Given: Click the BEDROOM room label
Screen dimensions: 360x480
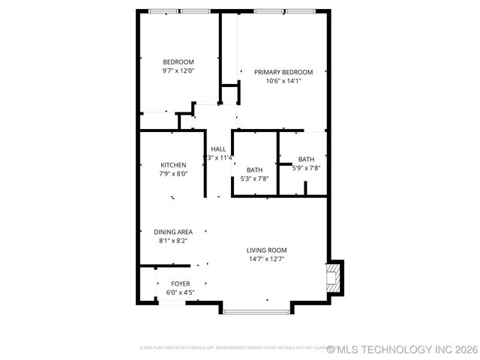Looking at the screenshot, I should click(178, 62).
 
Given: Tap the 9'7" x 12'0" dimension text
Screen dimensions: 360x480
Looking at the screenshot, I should click(178, 71).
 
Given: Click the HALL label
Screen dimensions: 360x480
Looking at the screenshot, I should click(218, 148).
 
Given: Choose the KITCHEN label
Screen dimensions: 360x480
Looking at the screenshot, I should click(173, 165).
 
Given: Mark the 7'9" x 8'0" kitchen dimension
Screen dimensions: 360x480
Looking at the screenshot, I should click(173, 174).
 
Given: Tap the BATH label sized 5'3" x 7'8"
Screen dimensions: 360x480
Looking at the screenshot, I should click(254, 169).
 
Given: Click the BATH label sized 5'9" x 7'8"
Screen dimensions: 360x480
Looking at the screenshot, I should click(306, 159).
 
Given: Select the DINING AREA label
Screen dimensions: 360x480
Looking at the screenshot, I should click(173, 232).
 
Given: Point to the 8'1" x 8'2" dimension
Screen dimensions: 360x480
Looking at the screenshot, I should click(173, 241).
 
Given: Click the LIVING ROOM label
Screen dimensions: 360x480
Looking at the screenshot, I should click(267, 250).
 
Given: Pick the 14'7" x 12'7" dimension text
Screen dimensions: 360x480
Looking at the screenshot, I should click(267, 259).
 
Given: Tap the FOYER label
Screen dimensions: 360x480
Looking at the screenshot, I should click(180, 283).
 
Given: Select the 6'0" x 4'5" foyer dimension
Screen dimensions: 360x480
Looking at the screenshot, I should click(180, 292).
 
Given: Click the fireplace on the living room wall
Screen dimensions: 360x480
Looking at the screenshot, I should click(334, 277).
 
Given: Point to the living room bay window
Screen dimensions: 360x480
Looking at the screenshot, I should click(256, 310).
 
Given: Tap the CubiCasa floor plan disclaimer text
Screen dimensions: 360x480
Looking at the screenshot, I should click(232, 348).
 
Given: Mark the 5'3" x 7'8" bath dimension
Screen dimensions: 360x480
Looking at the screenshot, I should click(254, 178).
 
